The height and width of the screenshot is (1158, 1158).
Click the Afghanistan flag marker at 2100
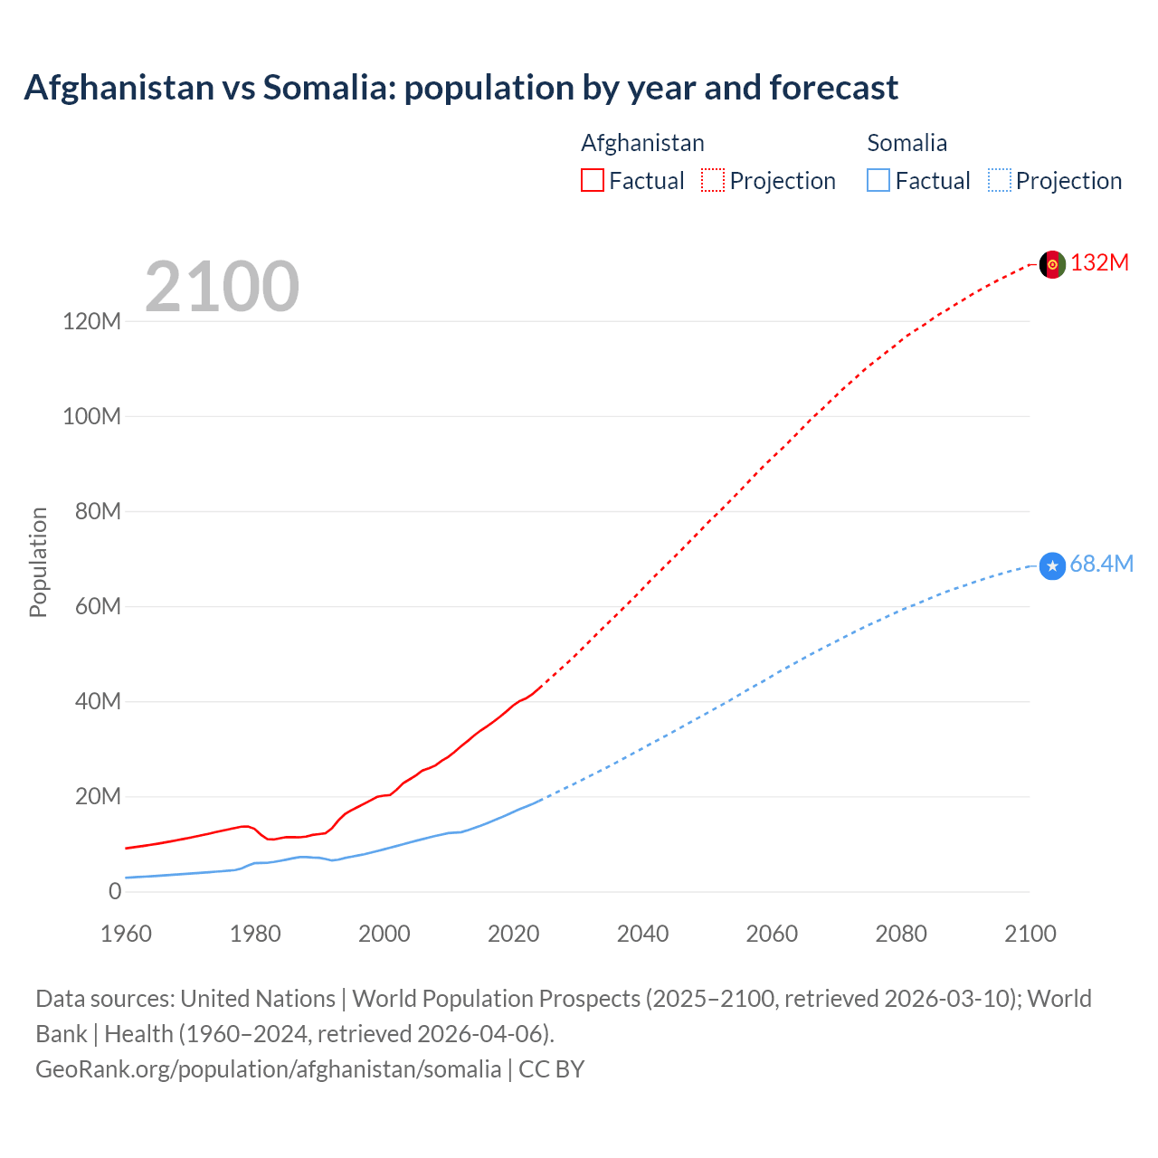1052,264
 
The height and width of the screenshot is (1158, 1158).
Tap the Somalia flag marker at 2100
1052,566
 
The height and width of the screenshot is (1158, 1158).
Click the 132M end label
1100,263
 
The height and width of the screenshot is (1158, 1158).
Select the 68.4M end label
1101,565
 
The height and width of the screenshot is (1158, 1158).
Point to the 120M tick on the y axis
91,321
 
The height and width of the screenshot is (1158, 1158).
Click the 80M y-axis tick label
98,512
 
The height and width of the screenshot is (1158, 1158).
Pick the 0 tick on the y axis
115,892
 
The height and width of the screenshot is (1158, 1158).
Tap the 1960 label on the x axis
126,934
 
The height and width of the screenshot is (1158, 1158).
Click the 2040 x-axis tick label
642,934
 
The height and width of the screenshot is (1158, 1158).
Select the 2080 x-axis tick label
901,934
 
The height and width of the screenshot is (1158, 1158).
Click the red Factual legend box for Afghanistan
592,181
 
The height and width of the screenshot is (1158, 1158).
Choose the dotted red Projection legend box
713,181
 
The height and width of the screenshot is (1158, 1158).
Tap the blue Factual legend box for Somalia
878,181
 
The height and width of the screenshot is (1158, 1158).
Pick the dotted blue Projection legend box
999,181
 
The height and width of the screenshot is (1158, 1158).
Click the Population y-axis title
38,562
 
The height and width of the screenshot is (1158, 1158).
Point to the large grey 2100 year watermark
222,287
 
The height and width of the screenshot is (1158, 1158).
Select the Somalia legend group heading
906,143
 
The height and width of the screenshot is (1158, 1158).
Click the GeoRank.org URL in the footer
268,1069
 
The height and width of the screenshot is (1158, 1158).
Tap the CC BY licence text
552,1069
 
